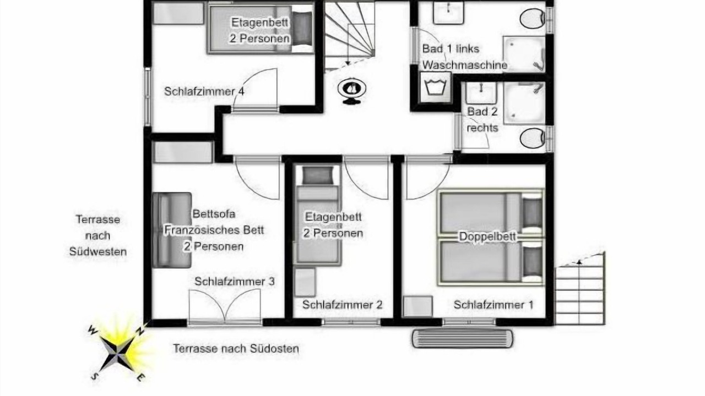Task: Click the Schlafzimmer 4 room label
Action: (204, 91)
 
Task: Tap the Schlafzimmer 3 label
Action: (235, 282)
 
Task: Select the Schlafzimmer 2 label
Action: (343, 305)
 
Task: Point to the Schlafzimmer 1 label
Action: (493, 305)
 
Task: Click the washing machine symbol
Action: (436, 87)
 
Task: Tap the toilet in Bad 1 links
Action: (532, 19)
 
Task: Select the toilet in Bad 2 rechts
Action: (532, 138)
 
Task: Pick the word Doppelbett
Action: (487, 237)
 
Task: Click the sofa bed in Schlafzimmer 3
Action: (172, 230)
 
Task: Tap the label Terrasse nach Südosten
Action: (236, 349)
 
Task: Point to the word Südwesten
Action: (98, 252)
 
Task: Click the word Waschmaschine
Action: (464, 65)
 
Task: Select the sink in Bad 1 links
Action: (448, 13)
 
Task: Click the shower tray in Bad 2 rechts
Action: (524, 103)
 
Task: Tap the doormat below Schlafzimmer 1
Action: (462, 338)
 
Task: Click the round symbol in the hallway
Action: (352, 91)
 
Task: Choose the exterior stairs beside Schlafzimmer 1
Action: (580, 289)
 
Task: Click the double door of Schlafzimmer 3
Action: (225, 306)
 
